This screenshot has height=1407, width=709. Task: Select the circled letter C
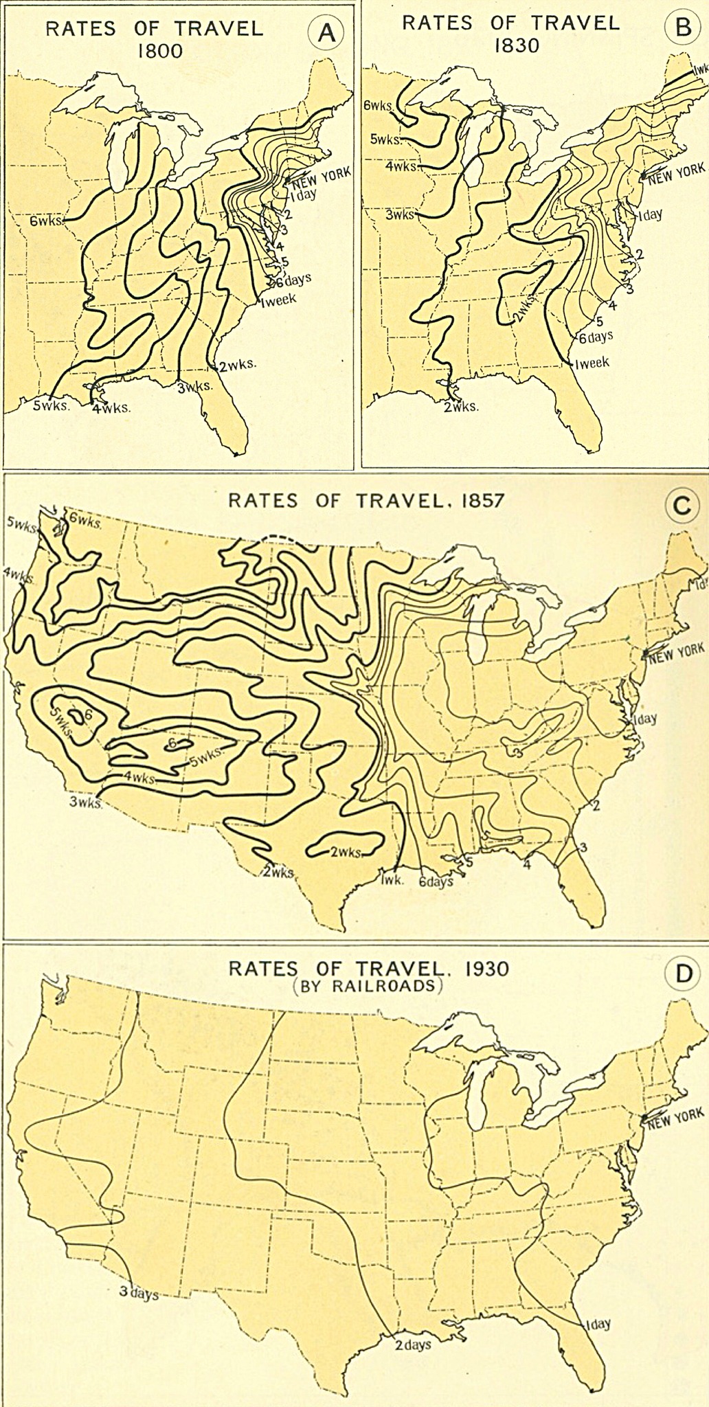(682, 506)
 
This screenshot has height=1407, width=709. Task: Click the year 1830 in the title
(510, 45)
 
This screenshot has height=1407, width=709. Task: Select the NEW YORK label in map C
(677, 652)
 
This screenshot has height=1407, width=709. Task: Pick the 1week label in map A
(278, 300)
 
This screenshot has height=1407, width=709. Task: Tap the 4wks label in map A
(113, 407)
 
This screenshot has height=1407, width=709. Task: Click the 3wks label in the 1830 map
(400, 214)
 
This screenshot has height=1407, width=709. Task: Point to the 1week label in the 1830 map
(592, 363)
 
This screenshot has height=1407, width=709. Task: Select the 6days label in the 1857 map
(436, 881)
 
